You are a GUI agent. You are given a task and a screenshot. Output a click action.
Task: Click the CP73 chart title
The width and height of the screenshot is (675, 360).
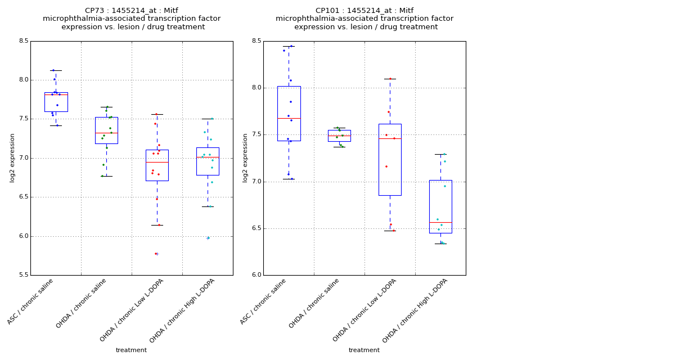coord(132,19)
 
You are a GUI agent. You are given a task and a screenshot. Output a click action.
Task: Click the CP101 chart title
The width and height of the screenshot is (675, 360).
coord(364,19)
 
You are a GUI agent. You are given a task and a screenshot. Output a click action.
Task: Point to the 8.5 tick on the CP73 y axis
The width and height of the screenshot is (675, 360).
coord(23,41)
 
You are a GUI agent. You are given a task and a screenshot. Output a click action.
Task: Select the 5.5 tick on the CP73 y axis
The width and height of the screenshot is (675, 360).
coord(23,275)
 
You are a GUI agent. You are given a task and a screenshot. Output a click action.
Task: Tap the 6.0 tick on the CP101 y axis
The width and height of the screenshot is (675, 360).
coord(256,275)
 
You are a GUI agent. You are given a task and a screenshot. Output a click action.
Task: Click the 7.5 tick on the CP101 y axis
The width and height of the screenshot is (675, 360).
coord(256,134)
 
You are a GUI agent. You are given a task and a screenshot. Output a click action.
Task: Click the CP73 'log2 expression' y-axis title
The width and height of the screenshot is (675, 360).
coord(12,158)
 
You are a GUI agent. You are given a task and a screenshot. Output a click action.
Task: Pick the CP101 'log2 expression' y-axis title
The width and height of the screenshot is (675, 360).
coord(245,158)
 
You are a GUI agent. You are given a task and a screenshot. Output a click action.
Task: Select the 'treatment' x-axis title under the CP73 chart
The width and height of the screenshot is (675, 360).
coord(131,350)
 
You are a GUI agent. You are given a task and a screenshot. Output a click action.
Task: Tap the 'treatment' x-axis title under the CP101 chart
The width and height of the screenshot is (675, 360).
coord(364,350)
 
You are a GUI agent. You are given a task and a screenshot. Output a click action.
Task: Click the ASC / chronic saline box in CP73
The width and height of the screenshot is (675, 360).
coord(56,102)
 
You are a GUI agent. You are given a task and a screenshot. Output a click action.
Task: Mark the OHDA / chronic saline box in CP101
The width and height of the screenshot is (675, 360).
coord(339,136)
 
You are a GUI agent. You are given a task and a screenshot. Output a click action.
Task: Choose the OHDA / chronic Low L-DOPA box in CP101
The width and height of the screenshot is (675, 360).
coord(390,160)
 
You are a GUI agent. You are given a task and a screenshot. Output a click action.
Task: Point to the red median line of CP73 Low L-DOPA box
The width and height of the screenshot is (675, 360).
coord(157,162)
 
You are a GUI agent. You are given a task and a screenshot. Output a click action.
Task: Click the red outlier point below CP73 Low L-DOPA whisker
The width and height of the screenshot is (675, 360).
coord(156,254)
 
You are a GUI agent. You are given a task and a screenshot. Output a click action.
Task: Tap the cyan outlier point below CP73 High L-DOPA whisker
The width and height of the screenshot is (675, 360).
coord(208,238)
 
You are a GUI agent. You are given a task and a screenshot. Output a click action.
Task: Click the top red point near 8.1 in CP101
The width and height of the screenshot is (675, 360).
coord(390,79)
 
